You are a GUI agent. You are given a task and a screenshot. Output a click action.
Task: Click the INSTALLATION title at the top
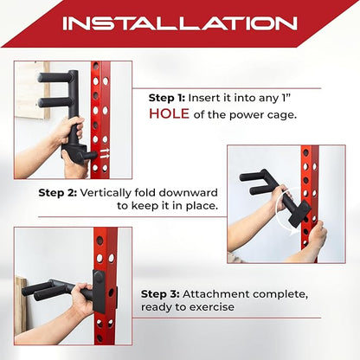point(179,22)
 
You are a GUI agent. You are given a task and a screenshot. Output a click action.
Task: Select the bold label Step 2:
point(59,192)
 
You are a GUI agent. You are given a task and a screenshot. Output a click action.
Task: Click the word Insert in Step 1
point(209,99)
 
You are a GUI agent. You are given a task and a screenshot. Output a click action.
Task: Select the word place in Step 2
point(200,207)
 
